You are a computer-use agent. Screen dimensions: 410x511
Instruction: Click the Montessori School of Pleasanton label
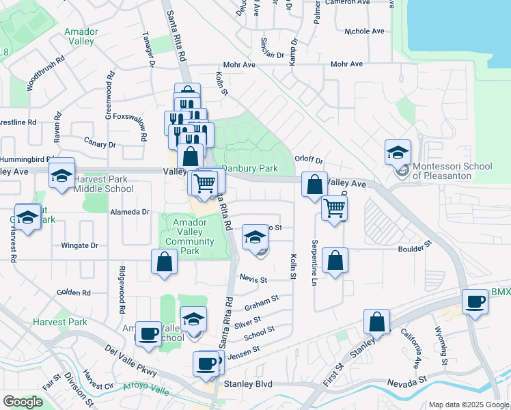[453, 172]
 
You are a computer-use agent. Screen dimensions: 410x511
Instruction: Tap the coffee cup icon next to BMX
[474, 301]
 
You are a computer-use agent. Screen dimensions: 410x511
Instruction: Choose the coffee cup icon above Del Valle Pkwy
[148, 334]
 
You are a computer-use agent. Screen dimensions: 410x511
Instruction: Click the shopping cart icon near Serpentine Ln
[334, 208]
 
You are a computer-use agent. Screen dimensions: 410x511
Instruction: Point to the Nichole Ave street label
[364, 31]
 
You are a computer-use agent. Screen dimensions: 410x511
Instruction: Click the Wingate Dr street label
[80, 245]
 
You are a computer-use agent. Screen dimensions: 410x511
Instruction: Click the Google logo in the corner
[23, 402]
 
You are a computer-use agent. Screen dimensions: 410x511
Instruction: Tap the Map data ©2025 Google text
[468, 405]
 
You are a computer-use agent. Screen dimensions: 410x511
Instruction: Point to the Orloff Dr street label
[308, 159]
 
